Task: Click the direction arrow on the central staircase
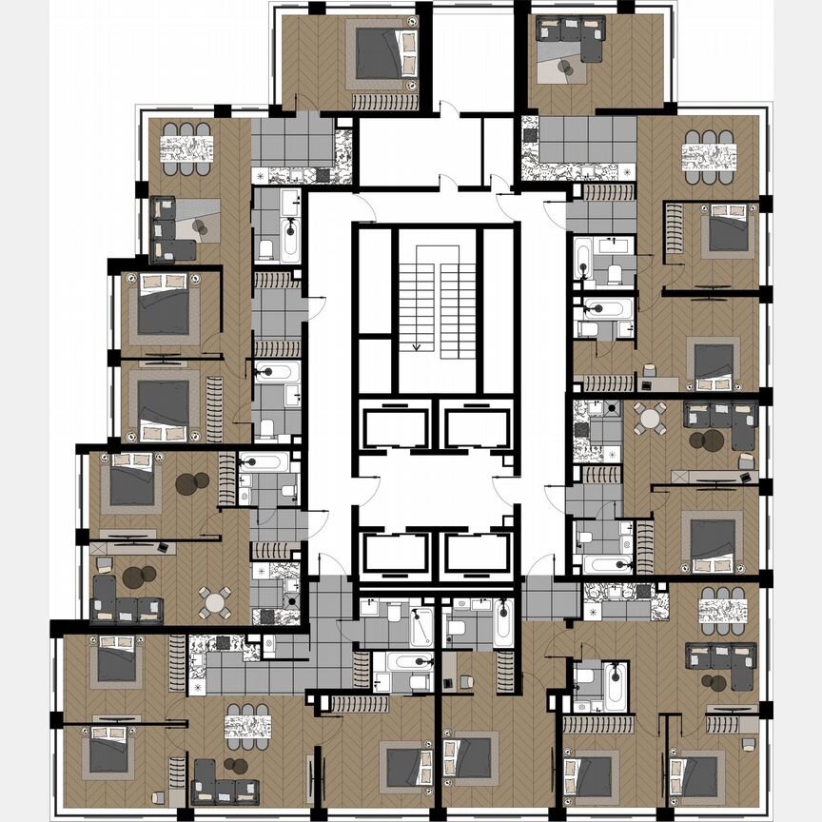click(x=416, y=342)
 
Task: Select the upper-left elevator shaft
click(x=395, y=425)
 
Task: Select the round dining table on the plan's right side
click(x=652, y=418)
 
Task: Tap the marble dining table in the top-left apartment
click(x=185, y=148)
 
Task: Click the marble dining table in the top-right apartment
click(x=710, y=156)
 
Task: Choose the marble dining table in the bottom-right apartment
click(x=722, y=610)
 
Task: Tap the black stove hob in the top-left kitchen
click(x=323, y=175)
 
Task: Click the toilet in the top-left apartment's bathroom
click(x=266, y=249)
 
